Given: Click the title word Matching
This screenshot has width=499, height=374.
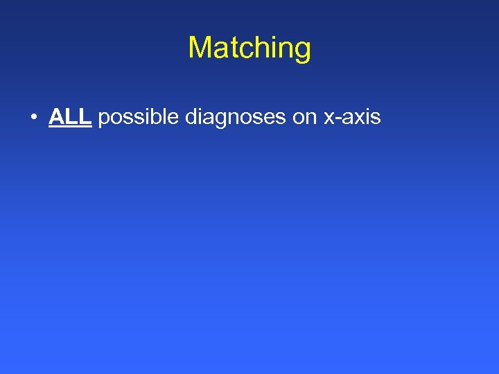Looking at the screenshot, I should coord(249,48).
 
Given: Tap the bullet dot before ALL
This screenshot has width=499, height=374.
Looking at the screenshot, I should coord(33,118).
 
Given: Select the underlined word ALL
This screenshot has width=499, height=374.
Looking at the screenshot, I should coord(70,117).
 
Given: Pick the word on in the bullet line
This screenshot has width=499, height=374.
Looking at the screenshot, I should coord(304,118).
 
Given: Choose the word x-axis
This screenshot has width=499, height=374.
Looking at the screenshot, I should coord(352,118).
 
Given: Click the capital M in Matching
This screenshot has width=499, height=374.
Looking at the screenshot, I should coord(199,47).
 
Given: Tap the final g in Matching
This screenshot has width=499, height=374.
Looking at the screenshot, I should coord(302,50).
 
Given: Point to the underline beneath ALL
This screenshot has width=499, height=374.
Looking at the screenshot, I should coord(70,127).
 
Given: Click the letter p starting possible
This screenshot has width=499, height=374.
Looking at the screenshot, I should coord(104,119).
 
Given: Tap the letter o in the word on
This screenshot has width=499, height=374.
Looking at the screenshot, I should coord(298,118).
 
